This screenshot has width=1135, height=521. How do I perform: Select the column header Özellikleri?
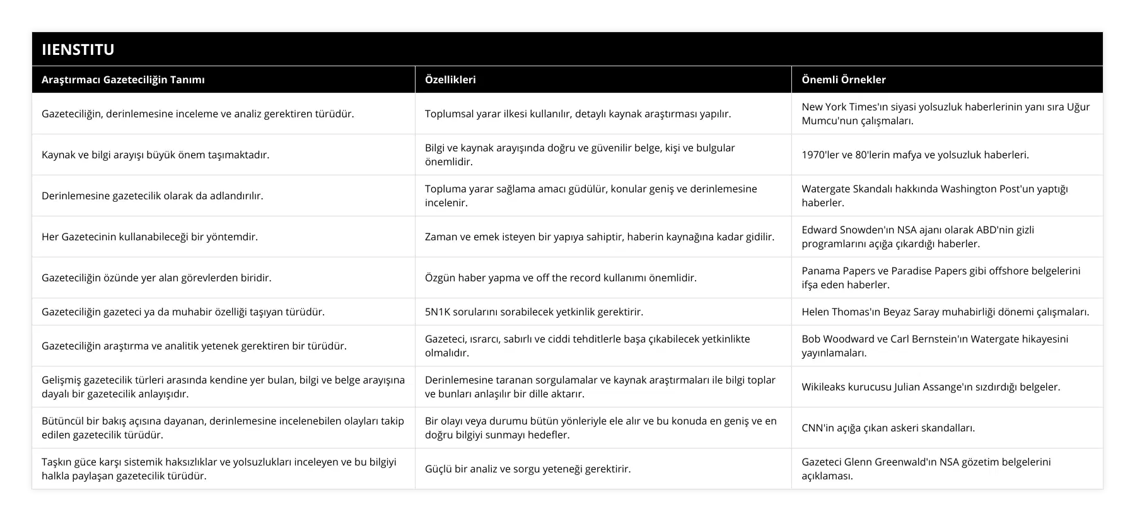450,79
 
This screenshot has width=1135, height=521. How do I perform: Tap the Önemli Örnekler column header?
843,79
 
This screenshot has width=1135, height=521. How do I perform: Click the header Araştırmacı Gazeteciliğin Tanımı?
123,79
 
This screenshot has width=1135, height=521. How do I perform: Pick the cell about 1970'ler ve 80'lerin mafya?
915,155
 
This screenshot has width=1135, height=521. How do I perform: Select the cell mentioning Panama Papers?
941,278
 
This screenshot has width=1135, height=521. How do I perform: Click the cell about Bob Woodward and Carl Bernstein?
934,346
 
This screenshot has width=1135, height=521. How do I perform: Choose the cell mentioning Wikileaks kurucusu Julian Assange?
931,387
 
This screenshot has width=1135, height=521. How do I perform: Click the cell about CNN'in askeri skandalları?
888,428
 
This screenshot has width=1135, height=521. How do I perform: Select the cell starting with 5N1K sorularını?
533,312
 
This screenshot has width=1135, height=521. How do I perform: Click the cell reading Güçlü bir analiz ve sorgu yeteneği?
527,469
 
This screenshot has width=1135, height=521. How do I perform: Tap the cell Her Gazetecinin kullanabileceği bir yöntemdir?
149,237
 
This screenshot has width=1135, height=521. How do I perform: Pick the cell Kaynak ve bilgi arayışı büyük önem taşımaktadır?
155,155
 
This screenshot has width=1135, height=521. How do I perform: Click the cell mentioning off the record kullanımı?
561,278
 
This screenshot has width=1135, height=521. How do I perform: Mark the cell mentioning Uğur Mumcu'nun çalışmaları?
945,114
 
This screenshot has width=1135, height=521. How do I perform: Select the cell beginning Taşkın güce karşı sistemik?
219,469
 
